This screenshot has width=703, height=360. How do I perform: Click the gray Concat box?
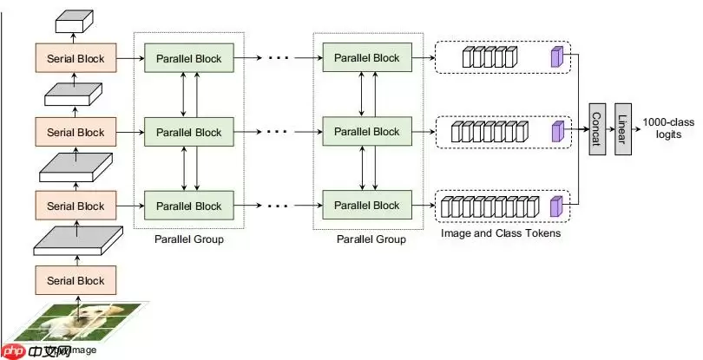(595, 131)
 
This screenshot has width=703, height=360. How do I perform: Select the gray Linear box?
(621, 131)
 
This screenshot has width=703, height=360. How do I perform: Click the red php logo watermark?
(16, 351)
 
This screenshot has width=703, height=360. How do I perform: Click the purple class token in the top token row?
(555, 57)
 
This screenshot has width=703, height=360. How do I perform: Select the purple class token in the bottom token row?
(555, 206)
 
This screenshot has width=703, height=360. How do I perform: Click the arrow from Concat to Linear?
(608, 131)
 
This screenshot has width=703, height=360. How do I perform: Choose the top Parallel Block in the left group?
(188, 59)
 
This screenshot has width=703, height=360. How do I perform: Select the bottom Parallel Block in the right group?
(362, 206)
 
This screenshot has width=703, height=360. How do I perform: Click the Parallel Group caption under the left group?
(188, 239)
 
